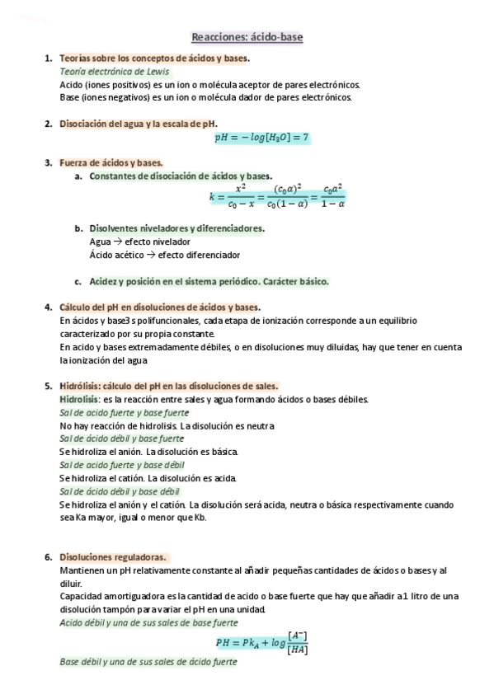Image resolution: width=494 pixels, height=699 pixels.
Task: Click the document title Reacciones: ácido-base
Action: (247, 37)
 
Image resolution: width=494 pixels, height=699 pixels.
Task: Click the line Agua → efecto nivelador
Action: (139, 242)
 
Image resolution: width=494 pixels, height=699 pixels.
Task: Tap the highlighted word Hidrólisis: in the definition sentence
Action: (80, 399)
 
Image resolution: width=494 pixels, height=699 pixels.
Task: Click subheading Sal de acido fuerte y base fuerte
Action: (125, 412)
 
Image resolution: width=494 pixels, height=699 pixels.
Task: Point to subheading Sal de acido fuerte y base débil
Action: (122, 465)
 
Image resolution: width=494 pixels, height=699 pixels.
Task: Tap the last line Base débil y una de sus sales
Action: (148, 662)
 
